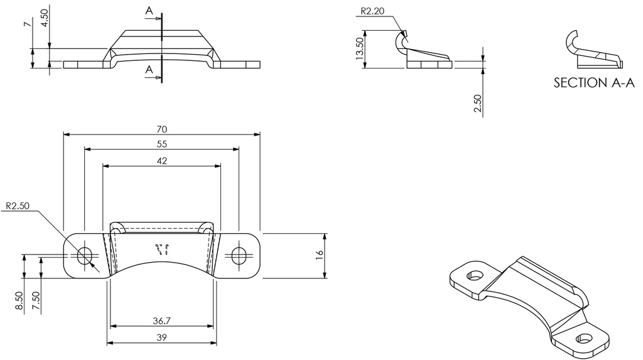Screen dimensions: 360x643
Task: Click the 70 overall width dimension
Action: coord(161,129)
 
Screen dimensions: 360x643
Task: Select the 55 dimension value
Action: coord(161,144)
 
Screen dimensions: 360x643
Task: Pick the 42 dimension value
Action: coord(161,160)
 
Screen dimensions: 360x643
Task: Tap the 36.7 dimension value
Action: coord(161,321)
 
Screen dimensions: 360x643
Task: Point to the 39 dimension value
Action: coord(161,338)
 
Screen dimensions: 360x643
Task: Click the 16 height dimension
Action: coord(319,255)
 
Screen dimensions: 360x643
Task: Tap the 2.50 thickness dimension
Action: coord(478,104)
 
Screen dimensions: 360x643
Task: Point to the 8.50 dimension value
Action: coord(19,300)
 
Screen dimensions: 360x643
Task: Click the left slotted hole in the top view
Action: coord(84,255)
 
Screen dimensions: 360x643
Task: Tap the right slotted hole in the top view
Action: coord(239,255)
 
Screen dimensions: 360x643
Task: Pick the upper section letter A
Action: coord(148,11)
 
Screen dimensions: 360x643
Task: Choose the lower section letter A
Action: coord(148,69)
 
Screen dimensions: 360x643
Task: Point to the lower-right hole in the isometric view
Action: coord(585,338)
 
